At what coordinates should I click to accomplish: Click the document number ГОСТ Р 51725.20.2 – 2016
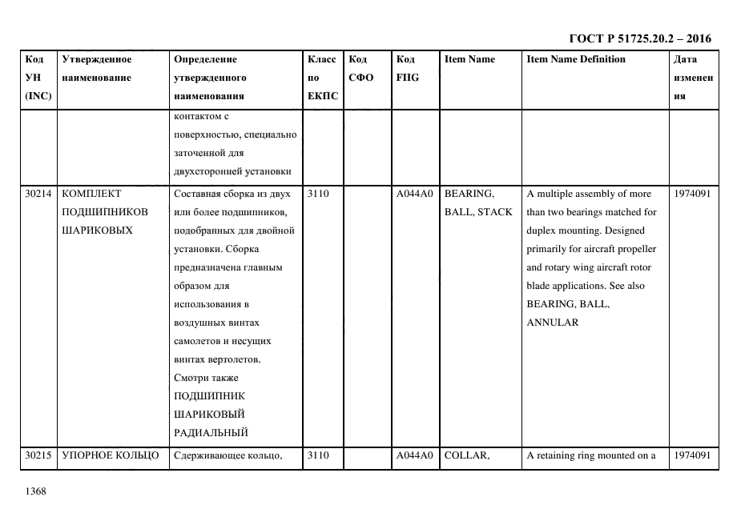pyautogui.click(x=639, y=38)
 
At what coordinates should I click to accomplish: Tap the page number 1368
pyautogui.click(x=36, y=491)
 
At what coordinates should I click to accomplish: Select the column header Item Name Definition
pyautogui.click(x=576, y=59)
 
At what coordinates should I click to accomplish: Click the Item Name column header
pyautogui.click(x=469, y=59)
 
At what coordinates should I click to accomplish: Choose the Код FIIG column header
pyautogui.click(x=407, y=69)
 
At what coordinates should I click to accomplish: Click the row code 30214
pyautogui.click(x=38, y=194)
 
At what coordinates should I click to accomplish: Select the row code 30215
pyautogui.click(x=38, y=455)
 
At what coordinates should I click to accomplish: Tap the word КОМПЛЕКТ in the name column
pyautogui.click(x=91, y=194)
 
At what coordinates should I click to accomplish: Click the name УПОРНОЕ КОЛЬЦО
pyautogui.click(x=111, y=455)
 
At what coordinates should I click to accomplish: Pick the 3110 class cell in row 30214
pyautogui.click(x=318, y=194)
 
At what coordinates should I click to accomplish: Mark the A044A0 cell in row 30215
pyautogui.click(x=414, y=455)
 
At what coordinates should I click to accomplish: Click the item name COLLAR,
pyautogui.click(x=466, y=455)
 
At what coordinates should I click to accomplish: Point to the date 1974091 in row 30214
pyautogui.click(x=692, y=194)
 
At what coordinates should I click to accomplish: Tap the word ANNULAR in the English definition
pyautogui.click(x=552, y=323)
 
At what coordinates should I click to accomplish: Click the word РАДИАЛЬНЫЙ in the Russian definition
pyautogui.click(x=211, y=433)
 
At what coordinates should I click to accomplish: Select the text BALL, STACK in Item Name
pyautogui.click(x=477, y=212)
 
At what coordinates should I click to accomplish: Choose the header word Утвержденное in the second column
pyautogui.click(x=97, y=59)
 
